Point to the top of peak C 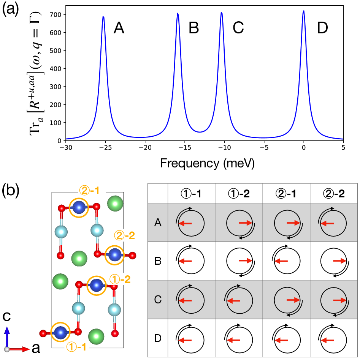(x=221, y=13)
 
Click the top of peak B (x=178, y=14)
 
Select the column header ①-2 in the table (x=238, y=194)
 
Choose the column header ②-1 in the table (x=286, y=194)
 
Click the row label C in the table (x=157, y=300)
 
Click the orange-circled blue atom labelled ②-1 (x=78, y=208)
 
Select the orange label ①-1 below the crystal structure (x=76, y=346)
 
